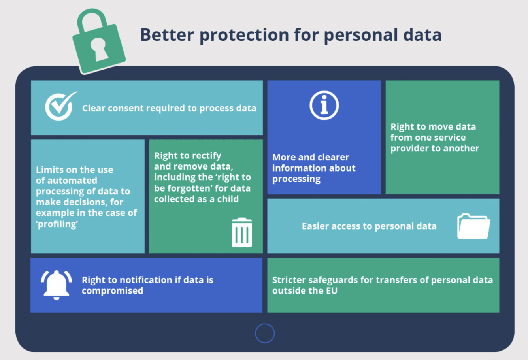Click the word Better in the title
click(167, 35)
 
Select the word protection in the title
click(244, 35)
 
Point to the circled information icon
click(324, 106)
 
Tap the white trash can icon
click(242, 232)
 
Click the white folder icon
click(473, 226)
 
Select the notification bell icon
click(57, 285)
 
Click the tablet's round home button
click(265, 333)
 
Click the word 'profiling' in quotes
click(57, 224)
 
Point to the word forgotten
click(187, 188)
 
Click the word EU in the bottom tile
click(332, 291)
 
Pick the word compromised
click(112, 291)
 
